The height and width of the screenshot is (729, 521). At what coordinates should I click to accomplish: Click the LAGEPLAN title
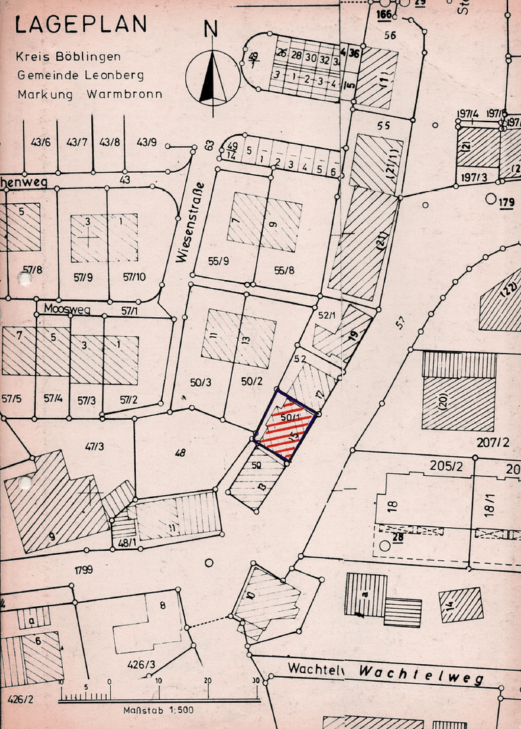pos(80,25)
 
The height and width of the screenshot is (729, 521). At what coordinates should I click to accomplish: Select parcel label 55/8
pos(284,270)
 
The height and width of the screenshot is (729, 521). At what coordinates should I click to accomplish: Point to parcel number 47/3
pos(94,446)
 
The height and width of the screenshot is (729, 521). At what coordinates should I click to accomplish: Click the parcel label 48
pos(179,454)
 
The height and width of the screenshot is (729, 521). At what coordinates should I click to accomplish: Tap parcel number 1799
pos(84,570)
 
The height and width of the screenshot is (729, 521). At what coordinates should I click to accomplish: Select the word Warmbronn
pos(124,94)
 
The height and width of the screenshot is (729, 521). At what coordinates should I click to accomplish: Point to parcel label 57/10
pos(134,277)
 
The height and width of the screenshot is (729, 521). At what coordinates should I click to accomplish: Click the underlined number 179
pos(506,201)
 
